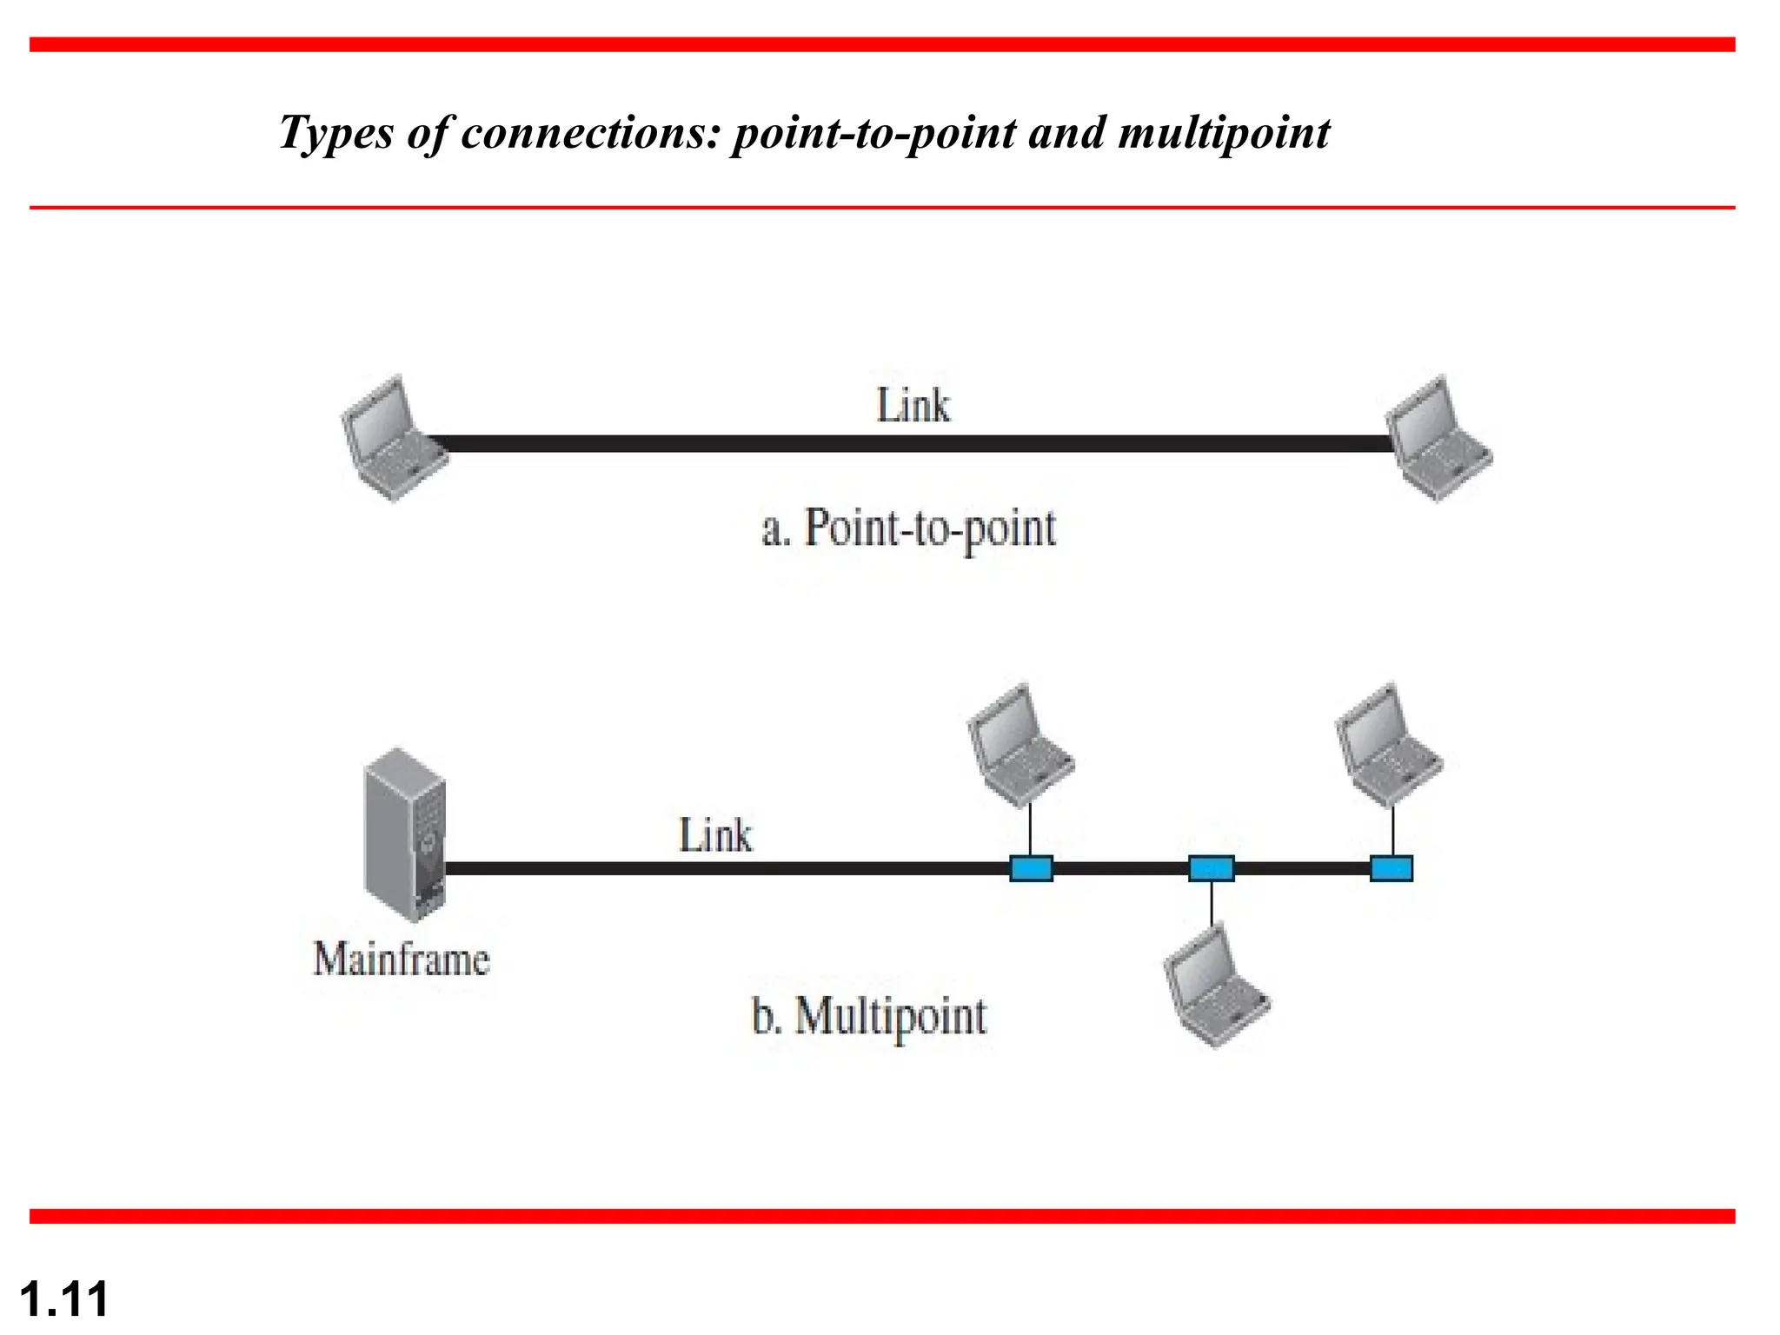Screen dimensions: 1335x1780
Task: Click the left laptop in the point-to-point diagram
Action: pyautogui.click(x=393, y=439)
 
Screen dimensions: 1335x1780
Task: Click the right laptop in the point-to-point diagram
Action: pyautogui.click(x=1438, y=439)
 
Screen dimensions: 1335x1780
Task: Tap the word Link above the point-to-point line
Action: pyautogui.click(x=913, y=406)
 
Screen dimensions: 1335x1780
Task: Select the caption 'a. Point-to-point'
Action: pyautogui.click(x=908, y=528)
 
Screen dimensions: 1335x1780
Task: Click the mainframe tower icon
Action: pyautogui.click(x=405, y=834)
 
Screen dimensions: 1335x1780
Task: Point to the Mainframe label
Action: pyautogui.click(x=402, y=960)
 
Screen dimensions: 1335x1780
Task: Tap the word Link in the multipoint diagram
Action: pyautogui.click(x=714, y=836)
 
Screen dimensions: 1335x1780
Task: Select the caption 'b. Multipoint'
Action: pyautogui.click(x=869, y=1015)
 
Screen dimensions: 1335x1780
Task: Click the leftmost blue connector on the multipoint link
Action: pyautogui.click(x=1031, y=868)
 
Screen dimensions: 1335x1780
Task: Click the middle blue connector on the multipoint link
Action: pyautogui.click(x=1211, y=868)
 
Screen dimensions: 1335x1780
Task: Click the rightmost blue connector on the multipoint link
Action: pyautogui.click(x=1391, y=868)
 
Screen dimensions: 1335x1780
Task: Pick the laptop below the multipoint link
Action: pyautogui.click(x=1216, y=986)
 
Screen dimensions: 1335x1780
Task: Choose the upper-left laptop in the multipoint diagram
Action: pyautogui.click(x=1020, y=746)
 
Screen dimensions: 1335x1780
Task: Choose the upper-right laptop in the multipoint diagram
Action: pyautogui.click(x=1389, y=746)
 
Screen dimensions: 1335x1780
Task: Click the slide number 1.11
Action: pyautogui.click(x=64, y=1299)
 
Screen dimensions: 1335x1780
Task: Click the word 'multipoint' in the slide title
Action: pyautogui.click(x=1224, y=133)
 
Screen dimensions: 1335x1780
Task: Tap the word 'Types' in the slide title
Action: pyautogui.click(x=335, y=133)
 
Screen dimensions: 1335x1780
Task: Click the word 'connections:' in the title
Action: pyautogui.click(x=591, y=133)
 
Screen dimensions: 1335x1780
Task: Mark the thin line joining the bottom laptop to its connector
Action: pyautogui.click(x=1211, y=904)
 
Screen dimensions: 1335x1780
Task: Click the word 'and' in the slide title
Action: pyautogui.click(x=1067, y=133)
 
